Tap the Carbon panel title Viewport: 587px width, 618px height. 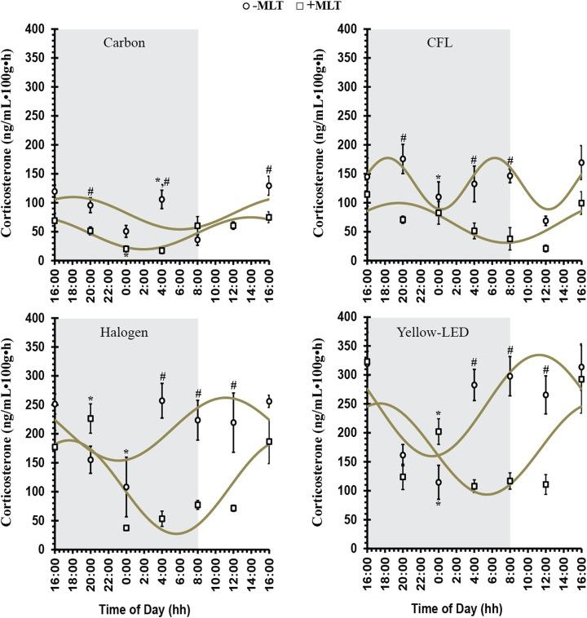(x=125, y=42)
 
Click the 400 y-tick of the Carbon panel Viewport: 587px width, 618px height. (x=38, y=29)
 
